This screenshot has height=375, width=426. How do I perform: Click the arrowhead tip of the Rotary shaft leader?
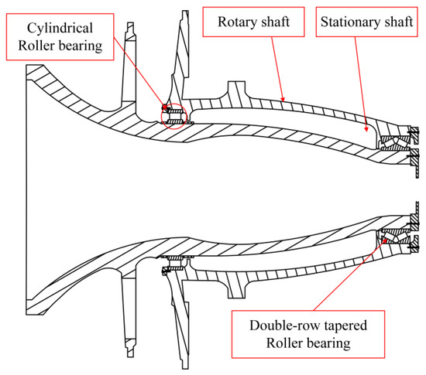(283, 101)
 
